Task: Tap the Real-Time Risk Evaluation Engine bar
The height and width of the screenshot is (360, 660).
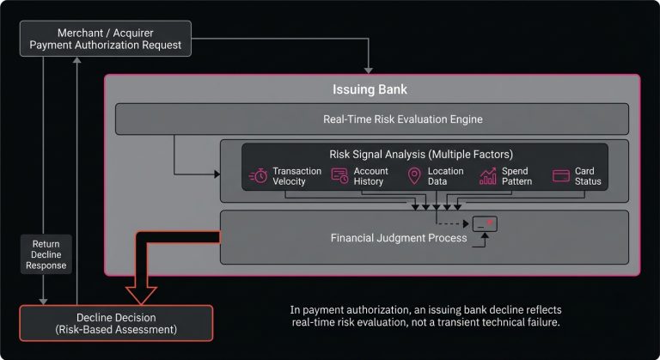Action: pyautogui.click(x=372, y=119)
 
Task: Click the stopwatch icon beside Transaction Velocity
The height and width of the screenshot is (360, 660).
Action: pyautogui.click(x=258, y=176)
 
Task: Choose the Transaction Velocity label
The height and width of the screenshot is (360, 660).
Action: pyautogui.click(x=296, y=176)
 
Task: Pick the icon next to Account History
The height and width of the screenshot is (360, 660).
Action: pyautogui.click(x=339, y=176)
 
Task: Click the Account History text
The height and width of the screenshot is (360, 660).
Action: pyautogui.click(x=370, y=176)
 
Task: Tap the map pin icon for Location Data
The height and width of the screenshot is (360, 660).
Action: pyautogui.click(x=414, y=176)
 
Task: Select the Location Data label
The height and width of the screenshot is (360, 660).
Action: pyautogui.click(x=445, y=176)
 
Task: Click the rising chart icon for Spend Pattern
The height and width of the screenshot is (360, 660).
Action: pyautogui.click(x=488, y=176)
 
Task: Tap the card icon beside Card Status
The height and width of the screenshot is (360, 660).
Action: pyautogui.click(x=562, y=176)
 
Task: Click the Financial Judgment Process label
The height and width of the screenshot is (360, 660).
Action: pyautogui.click(x=399, y=237)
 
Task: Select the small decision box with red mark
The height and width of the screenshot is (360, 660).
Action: pyautogui.click(x=485, y=225)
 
